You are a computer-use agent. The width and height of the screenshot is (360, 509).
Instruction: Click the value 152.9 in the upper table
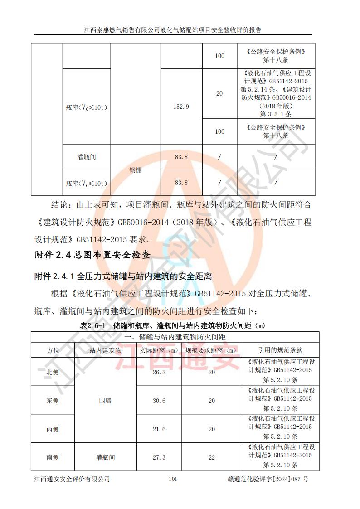pyautogui.click(x=181, y=107)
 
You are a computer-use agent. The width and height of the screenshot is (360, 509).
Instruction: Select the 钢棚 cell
pyautogui.click(x=136, y=170)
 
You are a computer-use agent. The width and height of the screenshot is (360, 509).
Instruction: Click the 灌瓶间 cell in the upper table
pyautogui.click(x=87, y=157)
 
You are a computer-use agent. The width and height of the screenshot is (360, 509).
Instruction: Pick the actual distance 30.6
pyautogui.click(x=159, y=401)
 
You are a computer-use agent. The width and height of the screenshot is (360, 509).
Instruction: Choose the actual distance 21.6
pyautogui.click(x=159, y=429)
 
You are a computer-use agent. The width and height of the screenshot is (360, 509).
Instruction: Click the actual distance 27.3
pyautogui.click(x=159, y=457)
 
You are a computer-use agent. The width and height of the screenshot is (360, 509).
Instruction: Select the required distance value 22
pyautogui.click(x=212, y=457)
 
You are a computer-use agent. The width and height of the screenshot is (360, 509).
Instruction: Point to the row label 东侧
pyautogui.click(x=53, y=401)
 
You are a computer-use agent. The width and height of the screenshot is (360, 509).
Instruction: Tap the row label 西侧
pyautogui.click(x=53, y=429)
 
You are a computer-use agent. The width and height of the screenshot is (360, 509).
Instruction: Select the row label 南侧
pyautogui.click(x=53, y=457)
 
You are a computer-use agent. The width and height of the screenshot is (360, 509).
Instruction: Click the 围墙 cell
pyautogui.click(x=106, y=401)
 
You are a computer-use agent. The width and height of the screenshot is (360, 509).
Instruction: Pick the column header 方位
pyautogui.click(x=53, y=350)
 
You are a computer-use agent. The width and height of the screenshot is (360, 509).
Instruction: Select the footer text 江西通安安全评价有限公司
pyautogui.click(x=72, y=479)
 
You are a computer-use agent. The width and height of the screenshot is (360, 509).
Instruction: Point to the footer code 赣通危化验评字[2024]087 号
pyautogui.click(x=268, y=479)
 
